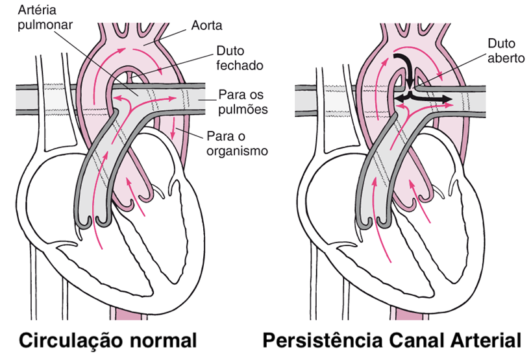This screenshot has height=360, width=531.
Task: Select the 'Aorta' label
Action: click(x=207, y=26)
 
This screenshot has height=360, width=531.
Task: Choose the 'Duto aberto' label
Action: click(x=502, y=50)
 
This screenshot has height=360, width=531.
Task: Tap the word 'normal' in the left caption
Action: click(x=160, y=340)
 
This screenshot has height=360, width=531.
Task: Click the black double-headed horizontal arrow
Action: click(x=424, y=98)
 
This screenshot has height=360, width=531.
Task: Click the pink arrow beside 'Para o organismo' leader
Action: click(x=174, y=133)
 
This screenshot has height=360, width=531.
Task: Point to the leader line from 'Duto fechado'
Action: click(x=175, y=66)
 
